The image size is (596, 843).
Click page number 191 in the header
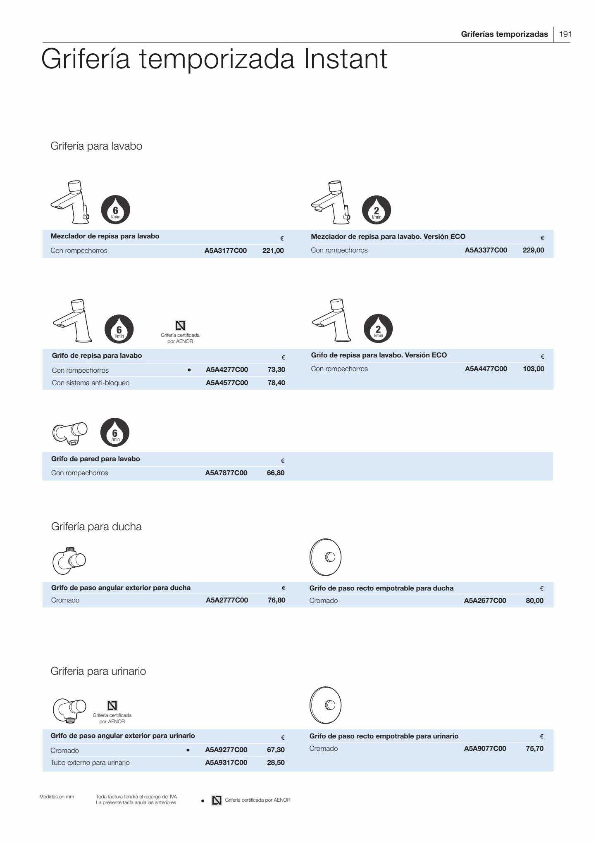coord(565,34)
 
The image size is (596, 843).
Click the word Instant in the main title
coord(346,59)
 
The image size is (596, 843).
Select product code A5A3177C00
coord(225,250)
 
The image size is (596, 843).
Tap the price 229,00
coord(533,250)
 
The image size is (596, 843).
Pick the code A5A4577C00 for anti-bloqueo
coord(226,383)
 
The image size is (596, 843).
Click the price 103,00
coord(533,369)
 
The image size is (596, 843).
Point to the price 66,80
coord(276,473)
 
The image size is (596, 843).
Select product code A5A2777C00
coord(226,600)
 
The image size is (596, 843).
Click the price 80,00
coord(534,600)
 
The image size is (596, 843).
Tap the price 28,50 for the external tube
coord(276,762)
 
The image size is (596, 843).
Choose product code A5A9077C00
coord(485,748)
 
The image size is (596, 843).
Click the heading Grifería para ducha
coord(96,526)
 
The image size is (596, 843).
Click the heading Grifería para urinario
coord(98,671)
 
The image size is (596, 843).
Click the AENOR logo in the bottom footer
coord(217,800)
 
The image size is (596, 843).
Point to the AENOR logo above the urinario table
coord(112,705)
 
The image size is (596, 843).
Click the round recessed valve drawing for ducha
coord(325,557)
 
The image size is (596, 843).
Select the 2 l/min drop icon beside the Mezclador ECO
coord(376,210)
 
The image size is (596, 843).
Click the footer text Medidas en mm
coord(57,797)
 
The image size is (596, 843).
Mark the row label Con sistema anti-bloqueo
coord(91,383)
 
